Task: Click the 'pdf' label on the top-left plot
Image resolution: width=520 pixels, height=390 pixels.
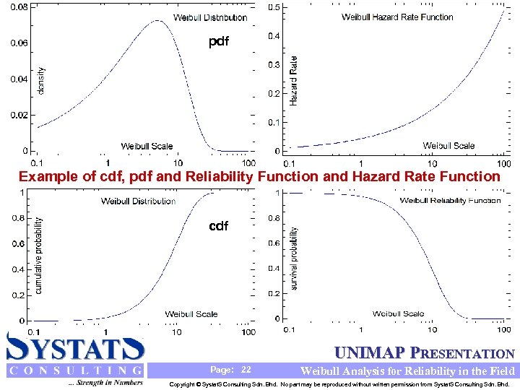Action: click(218, 42)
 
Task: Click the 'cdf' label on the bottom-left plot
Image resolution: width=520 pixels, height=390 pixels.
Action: click(218, 226)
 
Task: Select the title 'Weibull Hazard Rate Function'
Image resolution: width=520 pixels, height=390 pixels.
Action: click(397, 17)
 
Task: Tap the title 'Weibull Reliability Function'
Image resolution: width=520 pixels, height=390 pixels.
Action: click(450, 200)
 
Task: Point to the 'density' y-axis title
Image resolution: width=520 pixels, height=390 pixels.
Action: click(40, 80)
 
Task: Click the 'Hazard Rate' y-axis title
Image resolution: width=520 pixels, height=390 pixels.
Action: click(293, 82)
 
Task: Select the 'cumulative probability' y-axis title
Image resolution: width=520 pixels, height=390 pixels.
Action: click(39, 256)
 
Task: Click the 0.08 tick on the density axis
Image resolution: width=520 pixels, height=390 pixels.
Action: click(19, 7)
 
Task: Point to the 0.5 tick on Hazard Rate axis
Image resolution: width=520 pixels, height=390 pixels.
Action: click(275, 7)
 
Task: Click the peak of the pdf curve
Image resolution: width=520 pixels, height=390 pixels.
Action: click(158, 21)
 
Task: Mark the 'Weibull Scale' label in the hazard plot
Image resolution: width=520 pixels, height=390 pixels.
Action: click(448, 146)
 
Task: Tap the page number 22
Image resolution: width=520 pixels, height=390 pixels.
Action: click(246, 370)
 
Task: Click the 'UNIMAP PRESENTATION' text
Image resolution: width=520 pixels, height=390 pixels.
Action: click(425, 354)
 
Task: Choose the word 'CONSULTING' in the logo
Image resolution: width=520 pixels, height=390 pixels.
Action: click(75, 371)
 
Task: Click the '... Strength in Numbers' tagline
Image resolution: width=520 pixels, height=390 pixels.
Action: click(104, 383)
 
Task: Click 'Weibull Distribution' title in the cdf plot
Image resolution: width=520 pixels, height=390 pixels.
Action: click(138, 201)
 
